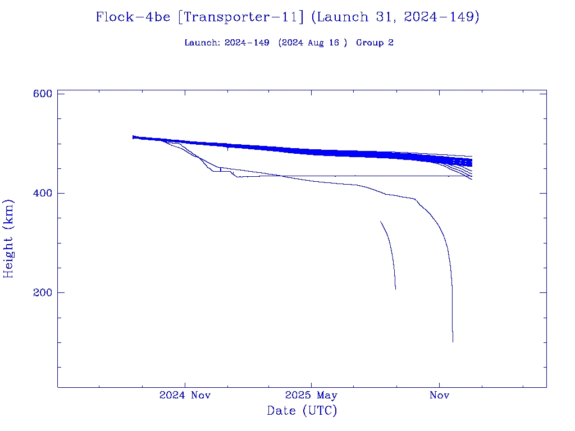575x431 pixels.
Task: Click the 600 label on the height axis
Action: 43,94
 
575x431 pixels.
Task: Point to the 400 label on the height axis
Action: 43,193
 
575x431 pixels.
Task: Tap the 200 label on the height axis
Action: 43,292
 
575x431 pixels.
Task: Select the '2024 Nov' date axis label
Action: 185,395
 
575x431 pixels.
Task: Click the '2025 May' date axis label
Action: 311,395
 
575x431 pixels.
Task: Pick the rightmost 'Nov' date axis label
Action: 439,395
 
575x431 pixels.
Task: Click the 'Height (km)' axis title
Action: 9,239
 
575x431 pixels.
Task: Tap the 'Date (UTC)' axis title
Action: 302,411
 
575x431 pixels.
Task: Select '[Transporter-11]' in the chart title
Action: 240,17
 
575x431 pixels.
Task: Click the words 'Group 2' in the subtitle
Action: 375,43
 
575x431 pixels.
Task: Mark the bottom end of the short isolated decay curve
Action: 395,289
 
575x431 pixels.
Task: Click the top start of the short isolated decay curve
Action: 381,222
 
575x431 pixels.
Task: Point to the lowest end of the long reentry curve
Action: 453,341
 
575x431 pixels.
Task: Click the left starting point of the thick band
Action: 133,137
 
